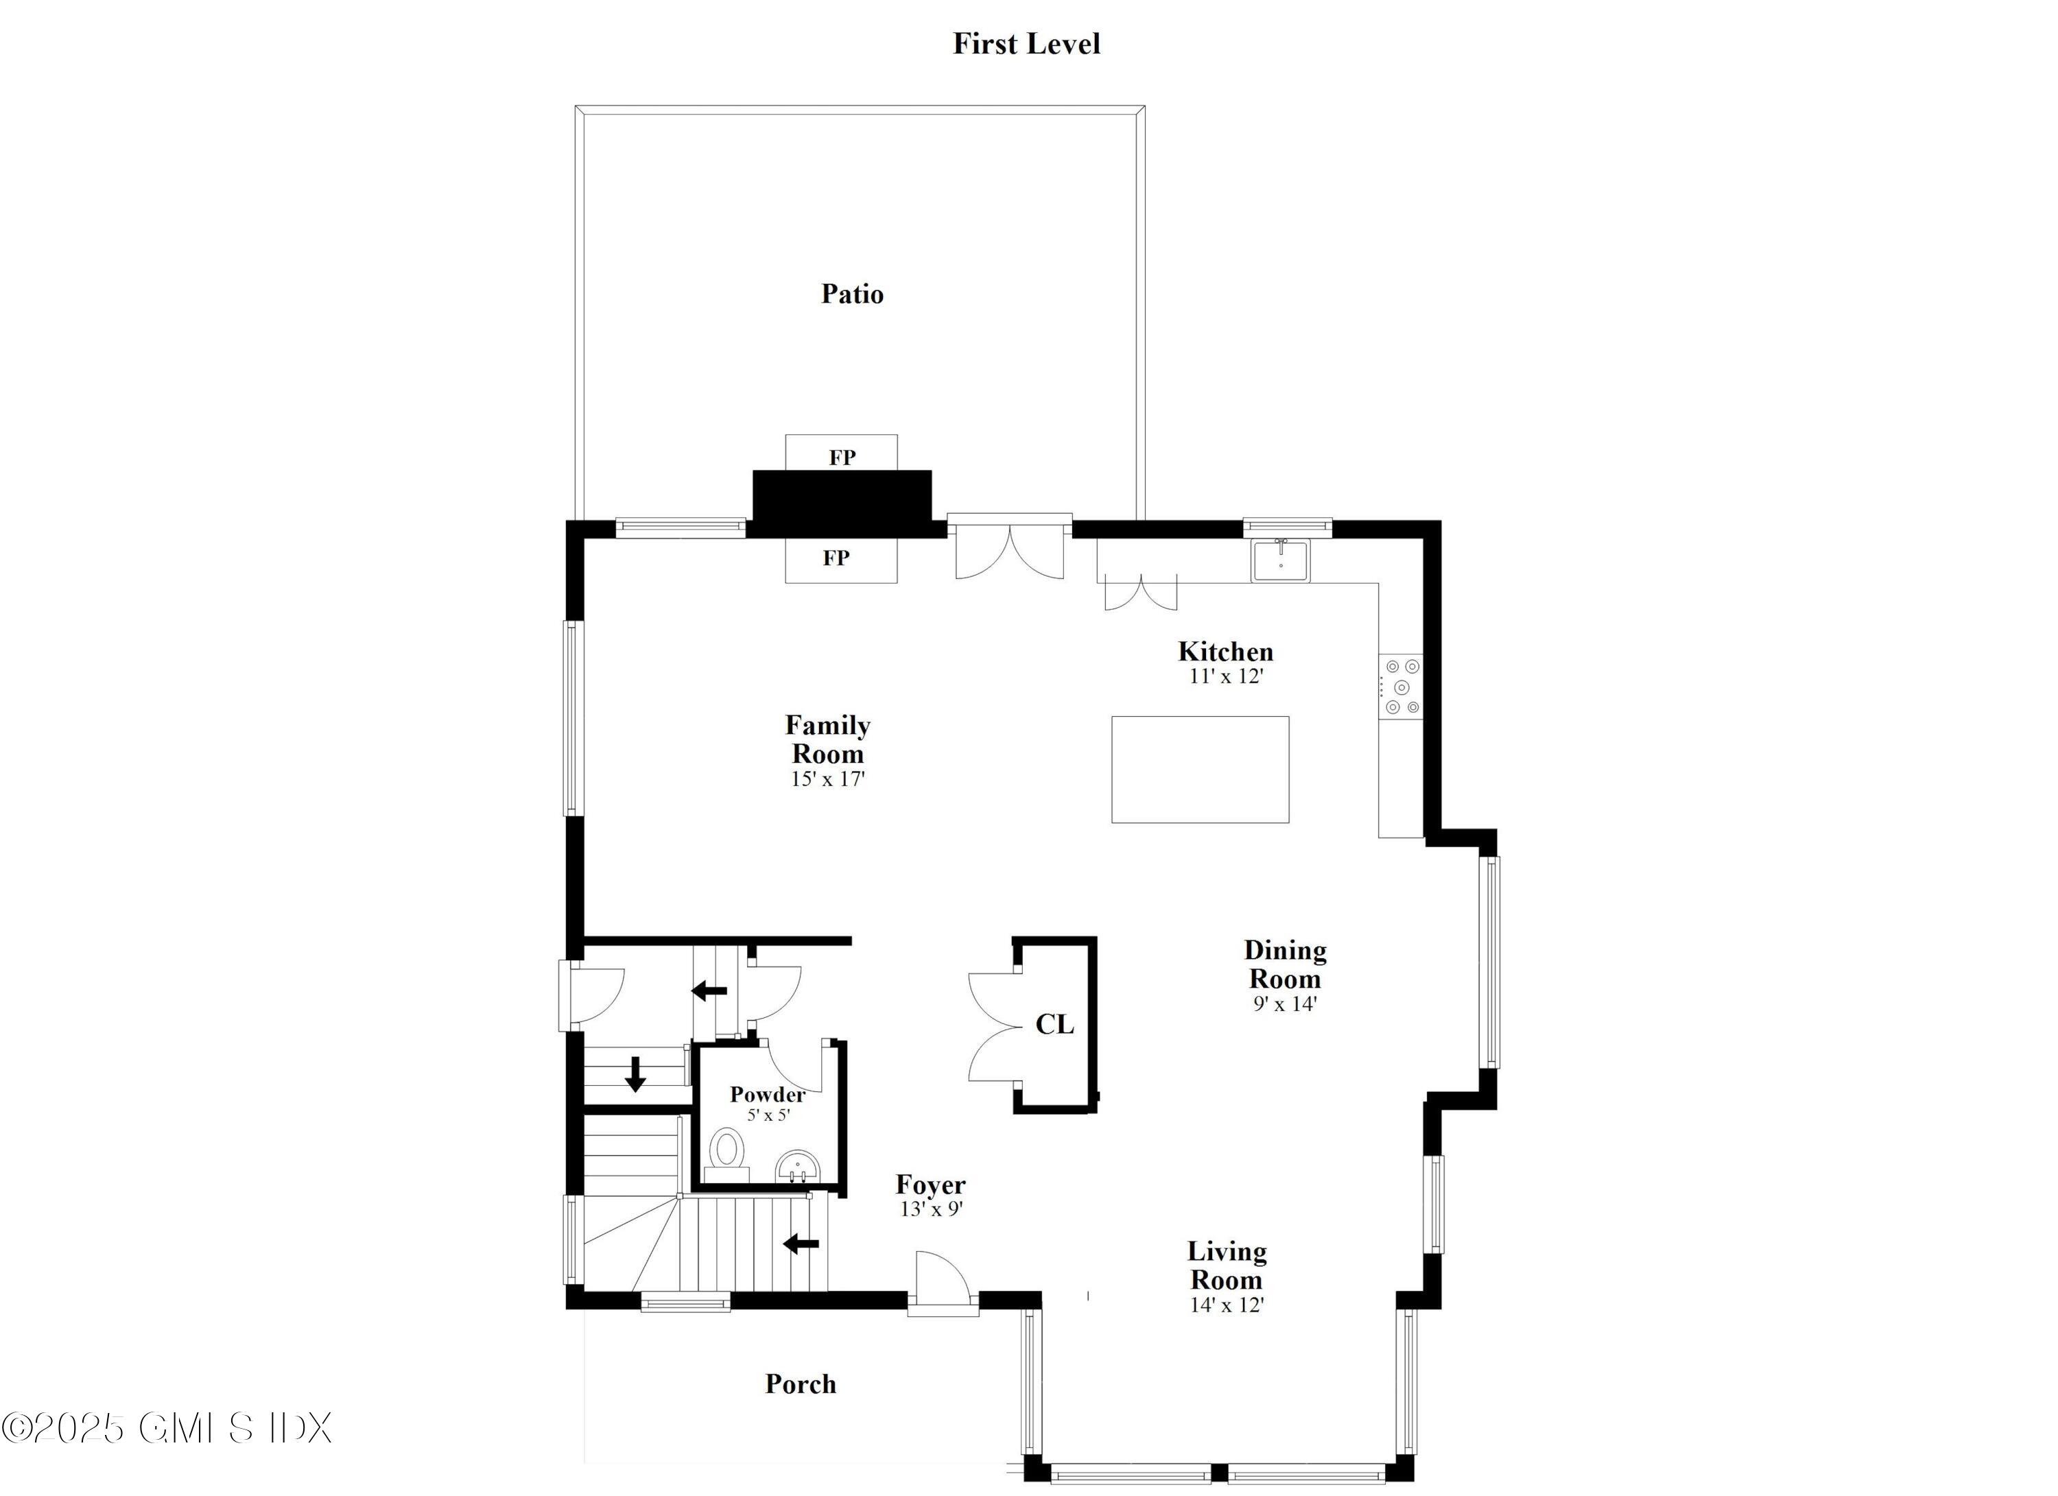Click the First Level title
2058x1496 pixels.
pos(1026,43)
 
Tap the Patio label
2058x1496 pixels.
pos(851,294)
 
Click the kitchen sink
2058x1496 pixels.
pos(1279,560)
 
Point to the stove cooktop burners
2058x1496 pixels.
pos(1401,687)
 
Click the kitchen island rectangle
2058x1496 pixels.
pos(1200,770)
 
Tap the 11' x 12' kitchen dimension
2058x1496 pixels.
pos(1226,676)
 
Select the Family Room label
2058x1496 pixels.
pos(827,739)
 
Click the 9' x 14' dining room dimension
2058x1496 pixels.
pos(1284,1004)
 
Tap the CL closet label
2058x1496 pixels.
pos(1054,1024)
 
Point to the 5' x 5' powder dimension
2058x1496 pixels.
pos(768,1115)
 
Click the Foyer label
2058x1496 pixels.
pos(930,1185)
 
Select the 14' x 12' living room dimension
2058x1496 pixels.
pos(1227,1305)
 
